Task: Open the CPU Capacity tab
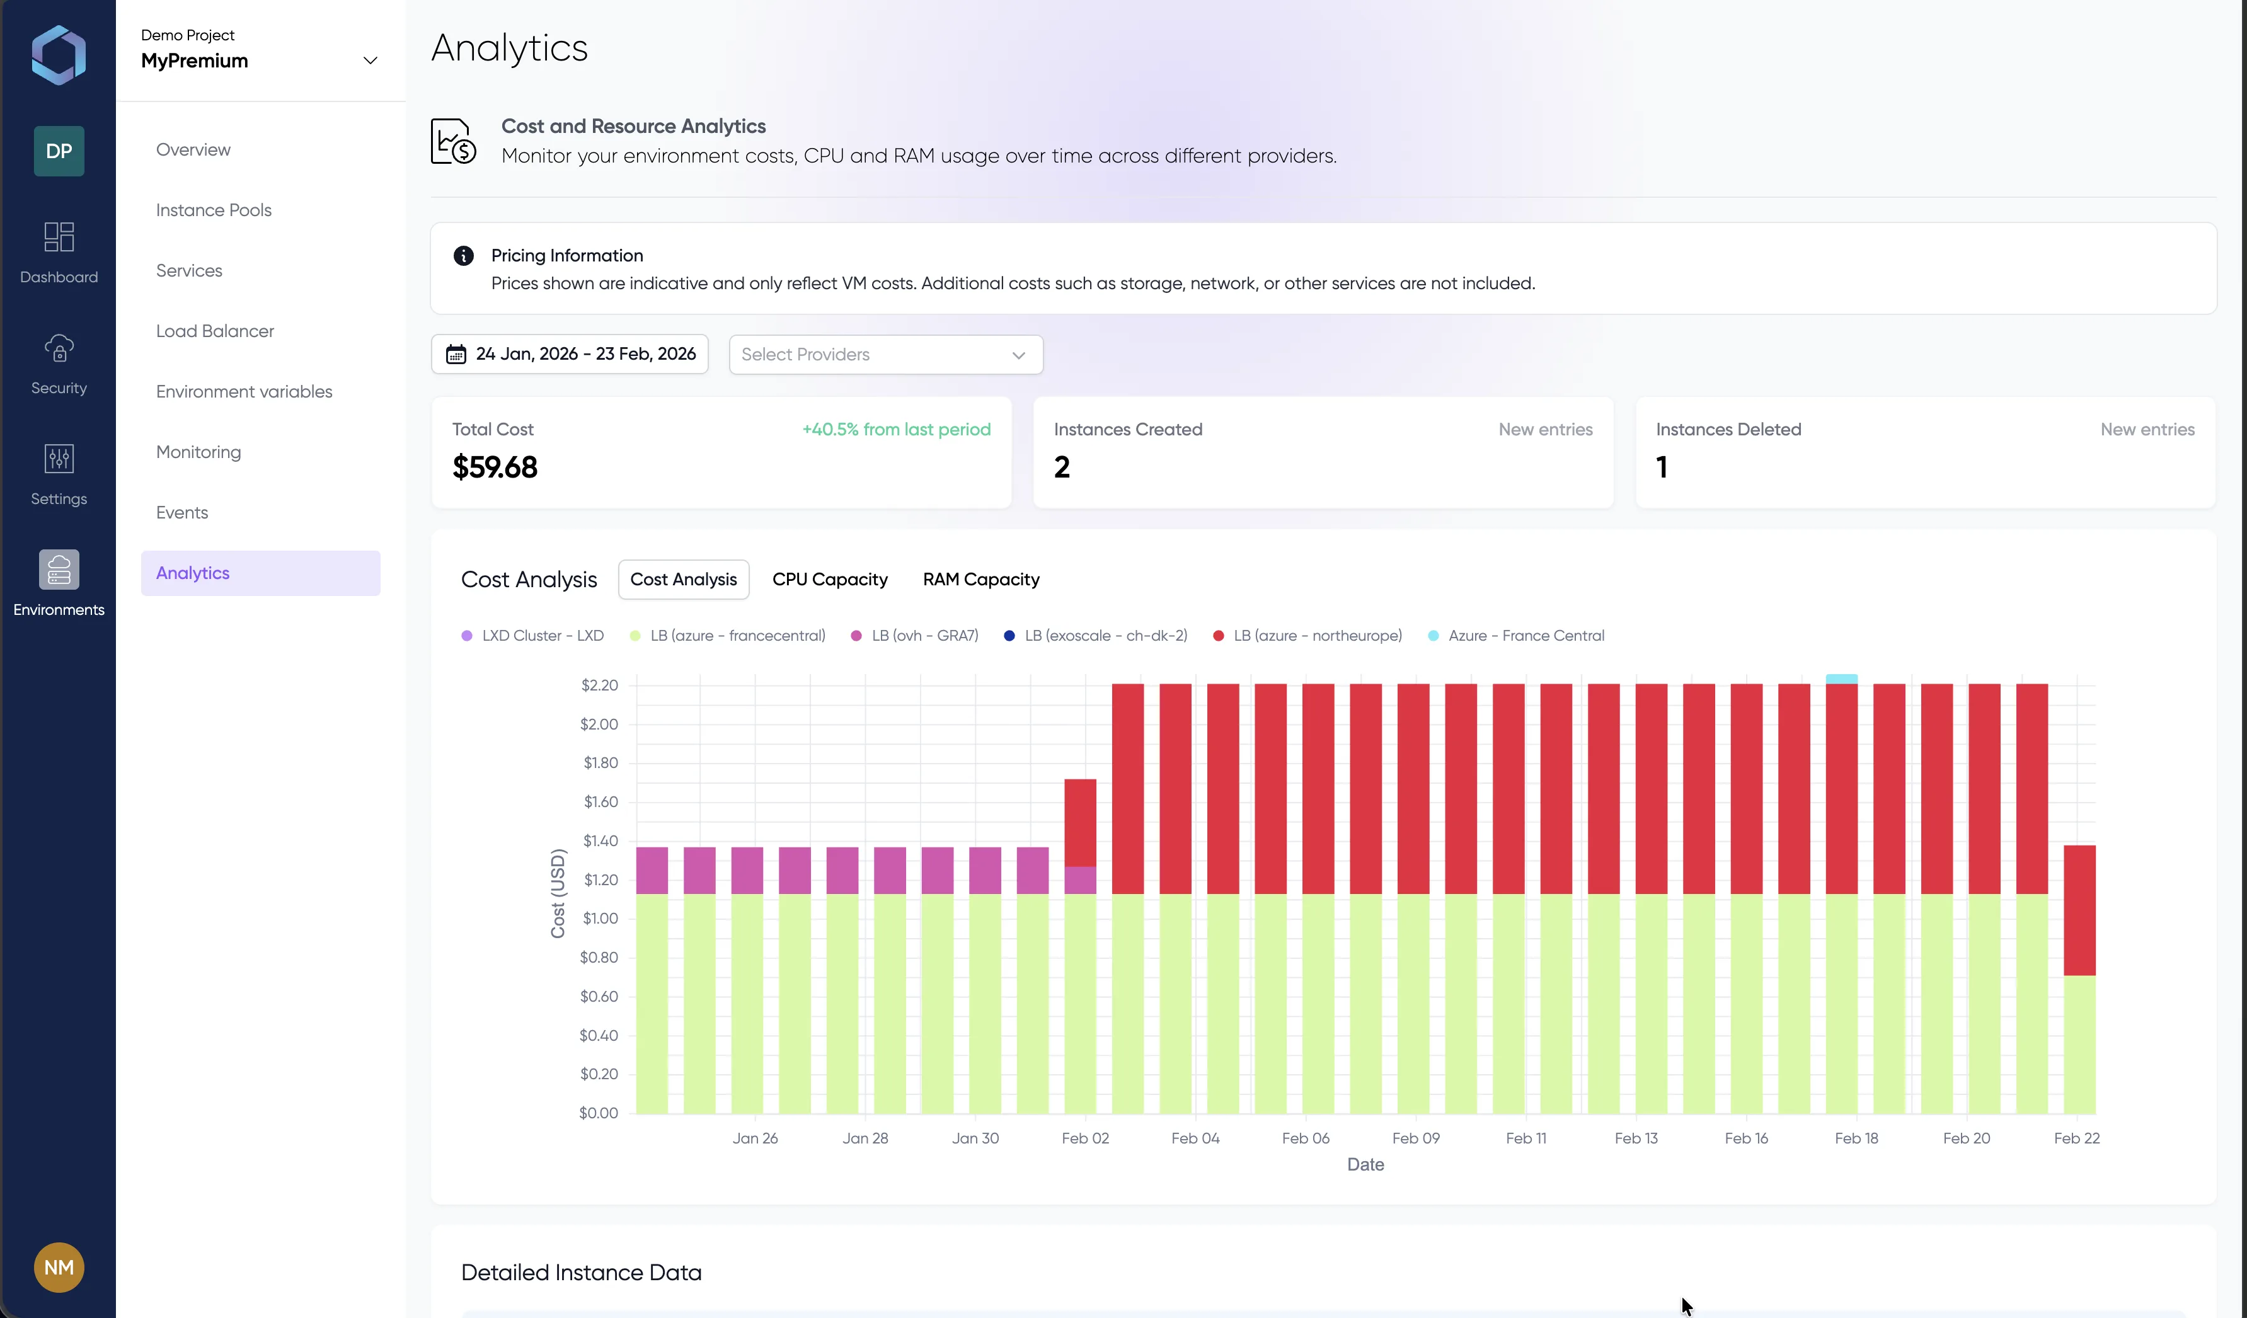[829, 580]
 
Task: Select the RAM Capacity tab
[981, 580]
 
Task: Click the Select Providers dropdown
[885, 354]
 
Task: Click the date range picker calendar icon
[456, 354]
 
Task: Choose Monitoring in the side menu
[198, 452]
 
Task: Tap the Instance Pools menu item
[213, 210]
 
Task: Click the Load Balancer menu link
[215, 331]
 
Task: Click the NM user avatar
[59, 1267]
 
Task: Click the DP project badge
[59, 151]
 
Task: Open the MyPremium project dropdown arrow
[370, 60]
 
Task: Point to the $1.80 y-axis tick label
[600, 762]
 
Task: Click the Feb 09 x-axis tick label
[1416, 1138]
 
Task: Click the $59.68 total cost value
[495, 467]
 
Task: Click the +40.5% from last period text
[896, 429]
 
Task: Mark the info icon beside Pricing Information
[464, 256]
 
